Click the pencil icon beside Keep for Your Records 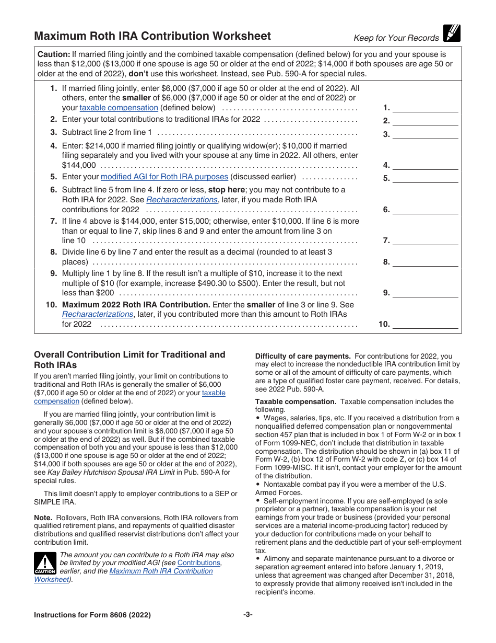[451, 33]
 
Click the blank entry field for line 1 [424, 108]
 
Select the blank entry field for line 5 [424, 178]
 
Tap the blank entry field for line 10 [424, 324]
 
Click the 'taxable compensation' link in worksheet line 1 [119, 108]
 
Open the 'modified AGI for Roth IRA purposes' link [164, 177]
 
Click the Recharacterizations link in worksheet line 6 [182, 200]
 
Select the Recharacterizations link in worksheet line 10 [98, 314]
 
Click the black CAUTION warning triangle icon [45, 565]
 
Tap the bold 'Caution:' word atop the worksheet [54, 54]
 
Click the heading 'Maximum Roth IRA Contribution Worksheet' [152, 36]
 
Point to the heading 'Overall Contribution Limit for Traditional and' [129, 354]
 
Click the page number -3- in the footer [248, 615]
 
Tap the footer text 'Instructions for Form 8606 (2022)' [92, 615]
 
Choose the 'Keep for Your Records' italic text [396, 38]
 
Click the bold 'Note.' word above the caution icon [43, 518]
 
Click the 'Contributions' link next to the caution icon [199, 563]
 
